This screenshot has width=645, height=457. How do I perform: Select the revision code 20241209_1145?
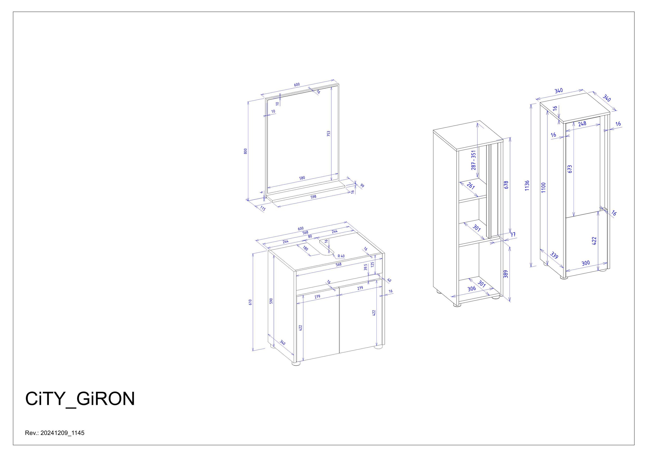pyautogui.click(x=62, y=433)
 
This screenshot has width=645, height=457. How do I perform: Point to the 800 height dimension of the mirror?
pyautogui.click(x=245, y=151)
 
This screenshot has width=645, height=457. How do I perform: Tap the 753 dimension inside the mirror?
pyautogui.click(x=328, y=134)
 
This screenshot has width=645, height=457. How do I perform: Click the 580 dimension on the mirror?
pyautogui.click(x=302, y=178)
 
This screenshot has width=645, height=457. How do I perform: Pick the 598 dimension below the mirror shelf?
pyautogui.click(x=313, y=197)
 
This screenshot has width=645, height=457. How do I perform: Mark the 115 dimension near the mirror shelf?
pyautogui.click(x=263, y=208)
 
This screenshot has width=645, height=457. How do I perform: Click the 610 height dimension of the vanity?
pyautogui.click(x=250, y=302)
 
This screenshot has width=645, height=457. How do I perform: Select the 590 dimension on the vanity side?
pyautogui.click(x=271, y=301)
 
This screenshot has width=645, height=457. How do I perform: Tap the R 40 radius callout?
pyautogui.click(x=341, y=256)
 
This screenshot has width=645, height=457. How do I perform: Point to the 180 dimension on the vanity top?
pyautogui.click(x=305, y=248)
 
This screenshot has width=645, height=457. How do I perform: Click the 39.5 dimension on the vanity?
pyautogui.click(x=365, y=267)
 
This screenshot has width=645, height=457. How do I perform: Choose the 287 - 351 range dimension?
pyautogui.click(x=474, y=160)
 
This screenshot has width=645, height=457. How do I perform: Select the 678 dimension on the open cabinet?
pyautogui.click(x=506, y=185)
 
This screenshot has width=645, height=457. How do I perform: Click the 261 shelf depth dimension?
pyautogui.click(x=471, y=186)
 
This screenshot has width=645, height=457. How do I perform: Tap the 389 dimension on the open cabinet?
pyautogui.click(x=505, y=274)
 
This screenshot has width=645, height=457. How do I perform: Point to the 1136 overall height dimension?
pyautogui.click(x=527, y=186)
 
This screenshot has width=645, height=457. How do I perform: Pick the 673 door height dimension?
pyautogui.click(x=570, y=169)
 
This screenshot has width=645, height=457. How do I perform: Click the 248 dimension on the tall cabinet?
pyautogui.click(x=582, y=123)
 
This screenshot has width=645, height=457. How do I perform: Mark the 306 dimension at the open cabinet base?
pyautogui.click(x=471, y=288)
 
